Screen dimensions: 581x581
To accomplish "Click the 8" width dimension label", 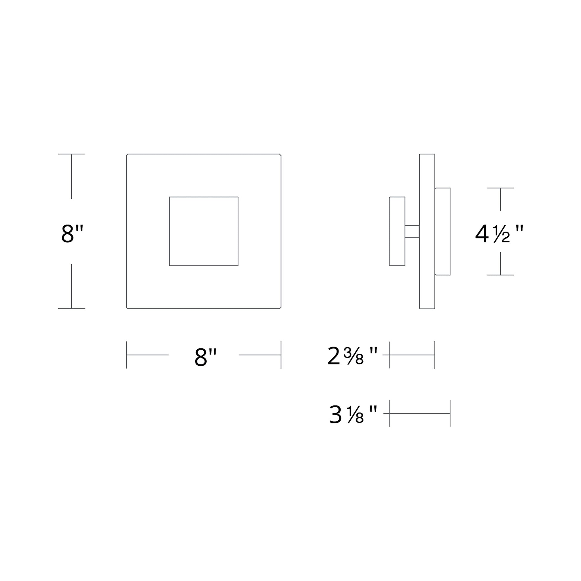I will tap(205, 357).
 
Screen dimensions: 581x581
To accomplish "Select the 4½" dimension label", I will tap(499, 234).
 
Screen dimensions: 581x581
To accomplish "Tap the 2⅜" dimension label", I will tap(352, 356).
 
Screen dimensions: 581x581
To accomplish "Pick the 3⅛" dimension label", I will tap(353, 414).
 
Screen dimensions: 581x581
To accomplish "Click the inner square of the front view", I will tap(204, 231).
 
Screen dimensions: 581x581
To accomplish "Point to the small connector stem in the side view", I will tap(412, 232).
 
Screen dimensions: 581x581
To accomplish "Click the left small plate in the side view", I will tap(397, 231).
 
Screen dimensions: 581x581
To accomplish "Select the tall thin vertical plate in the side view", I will tap(427, 231).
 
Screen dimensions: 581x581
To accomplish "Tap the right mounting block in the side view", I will tap(442, 231).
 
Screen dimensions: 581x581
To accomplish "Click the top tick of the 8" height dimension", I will tap(72, 154).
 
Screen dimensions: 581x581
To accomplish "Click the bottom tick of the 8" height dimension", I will tap(72, 308).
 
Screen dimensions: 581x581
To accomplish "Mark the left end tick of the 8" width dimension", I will tap(126, 355).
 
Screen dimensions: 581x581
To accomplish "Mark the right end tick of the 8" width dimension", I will tap(281, 355).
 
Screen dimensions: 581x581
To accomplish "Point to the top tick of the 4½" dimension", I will tap(500, 188).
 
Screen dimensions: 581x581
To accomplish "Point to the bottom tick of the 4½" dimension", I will tap(500, 275).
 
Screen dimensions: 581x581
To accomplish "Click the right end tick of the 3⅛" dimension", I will tap(450, 414).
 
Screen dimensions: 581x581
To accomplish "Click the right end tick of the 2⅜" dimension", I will tap(435, 355).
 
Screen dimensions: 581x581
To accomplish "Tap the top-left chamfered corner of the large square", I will tap(127, 155).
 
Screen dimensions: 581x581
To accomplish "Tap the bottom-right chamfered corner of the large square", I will tap(280, 308).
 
